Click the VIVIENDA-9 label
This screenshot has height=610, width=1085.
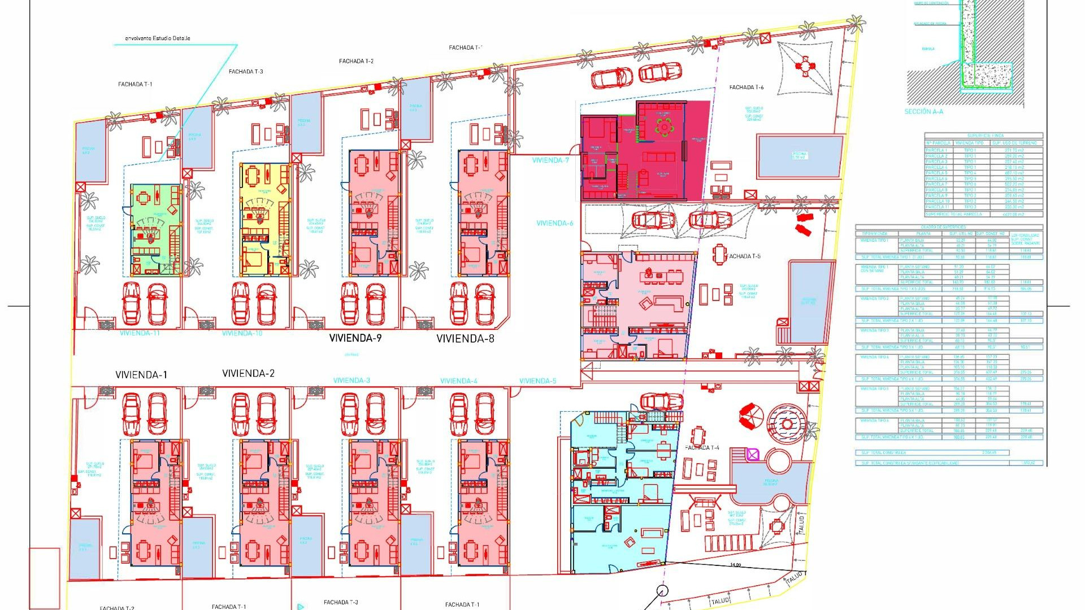355,338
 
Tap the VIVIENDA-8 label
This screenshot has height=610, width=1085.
465,339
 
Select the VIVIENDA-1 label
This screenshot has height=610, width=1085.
141,375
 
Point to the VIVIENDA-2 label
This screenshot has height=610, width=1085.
248,373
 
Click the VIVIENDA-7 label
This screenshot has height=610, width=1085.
550,160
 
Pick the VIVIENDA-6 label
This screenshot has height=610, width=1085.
554,223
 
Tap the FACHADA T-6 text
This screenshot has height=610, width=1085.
746,88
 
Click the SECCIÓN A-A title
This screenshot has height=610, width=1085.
923,112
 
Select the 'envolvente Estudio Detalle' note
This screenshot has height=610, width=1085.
157,38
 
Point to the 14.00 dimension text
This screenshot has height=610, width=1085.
735,565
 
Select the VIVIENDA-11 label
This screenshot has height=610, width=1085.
140,333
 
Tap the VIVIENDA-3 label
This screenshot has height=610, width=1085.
351,381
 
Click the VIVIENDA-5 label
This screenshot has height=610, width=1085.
537,381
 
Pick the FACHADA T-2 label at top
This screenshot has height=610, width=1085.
356,61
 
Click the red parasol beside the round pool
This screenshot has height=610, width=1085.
751,417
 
